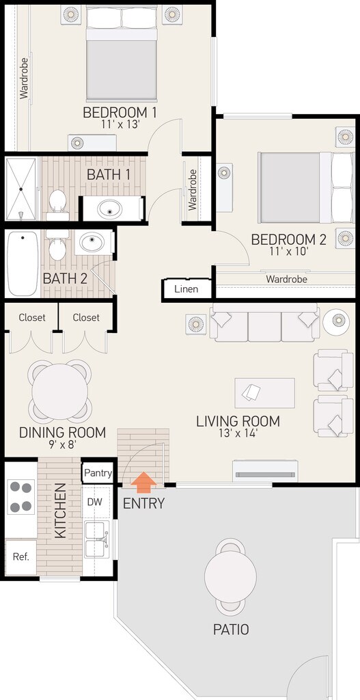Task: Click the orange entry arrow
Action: (143, 483)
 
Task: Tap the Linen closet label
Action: (186, 289)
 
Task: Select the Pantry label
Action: (98, 473)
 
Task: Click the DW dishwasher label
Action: (94, 502)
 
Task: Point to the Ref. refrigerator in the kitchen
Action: (21, 557)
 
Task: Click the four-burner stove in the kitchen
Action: (21, 497)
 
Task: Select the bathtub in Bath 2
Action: (23, 263)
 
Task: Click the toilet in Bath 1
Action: (57, 204)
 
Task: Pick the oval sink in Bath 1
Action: (110, 208)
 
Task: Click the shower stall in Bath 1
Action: (20, 189)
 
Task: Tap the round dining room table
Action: (59, 392)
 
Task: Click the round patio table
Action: (230, 577)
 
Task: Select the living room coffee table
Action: (265, 393)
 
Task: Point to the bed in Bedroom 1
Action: (122, 53)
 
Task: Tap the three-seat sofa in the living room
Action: (264, 323)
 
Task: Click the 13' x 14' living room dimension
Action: (238, 433)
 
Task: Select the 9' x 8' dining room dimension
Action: (62, 444)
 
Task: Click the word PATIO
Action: (231, 630)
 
